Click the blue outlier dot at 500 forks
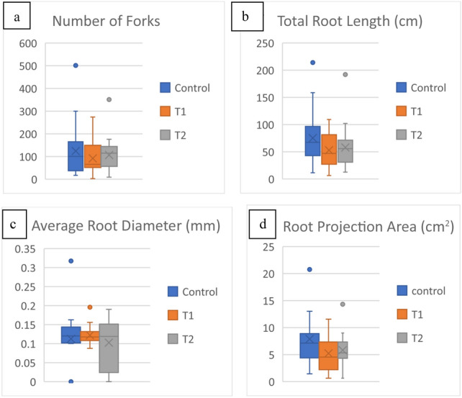(76, 65)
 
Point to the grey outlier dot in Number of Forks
(109, 99)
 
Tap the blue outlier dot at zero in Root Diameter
(71, 381)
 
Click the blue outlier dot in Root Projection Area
(309, 269)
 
